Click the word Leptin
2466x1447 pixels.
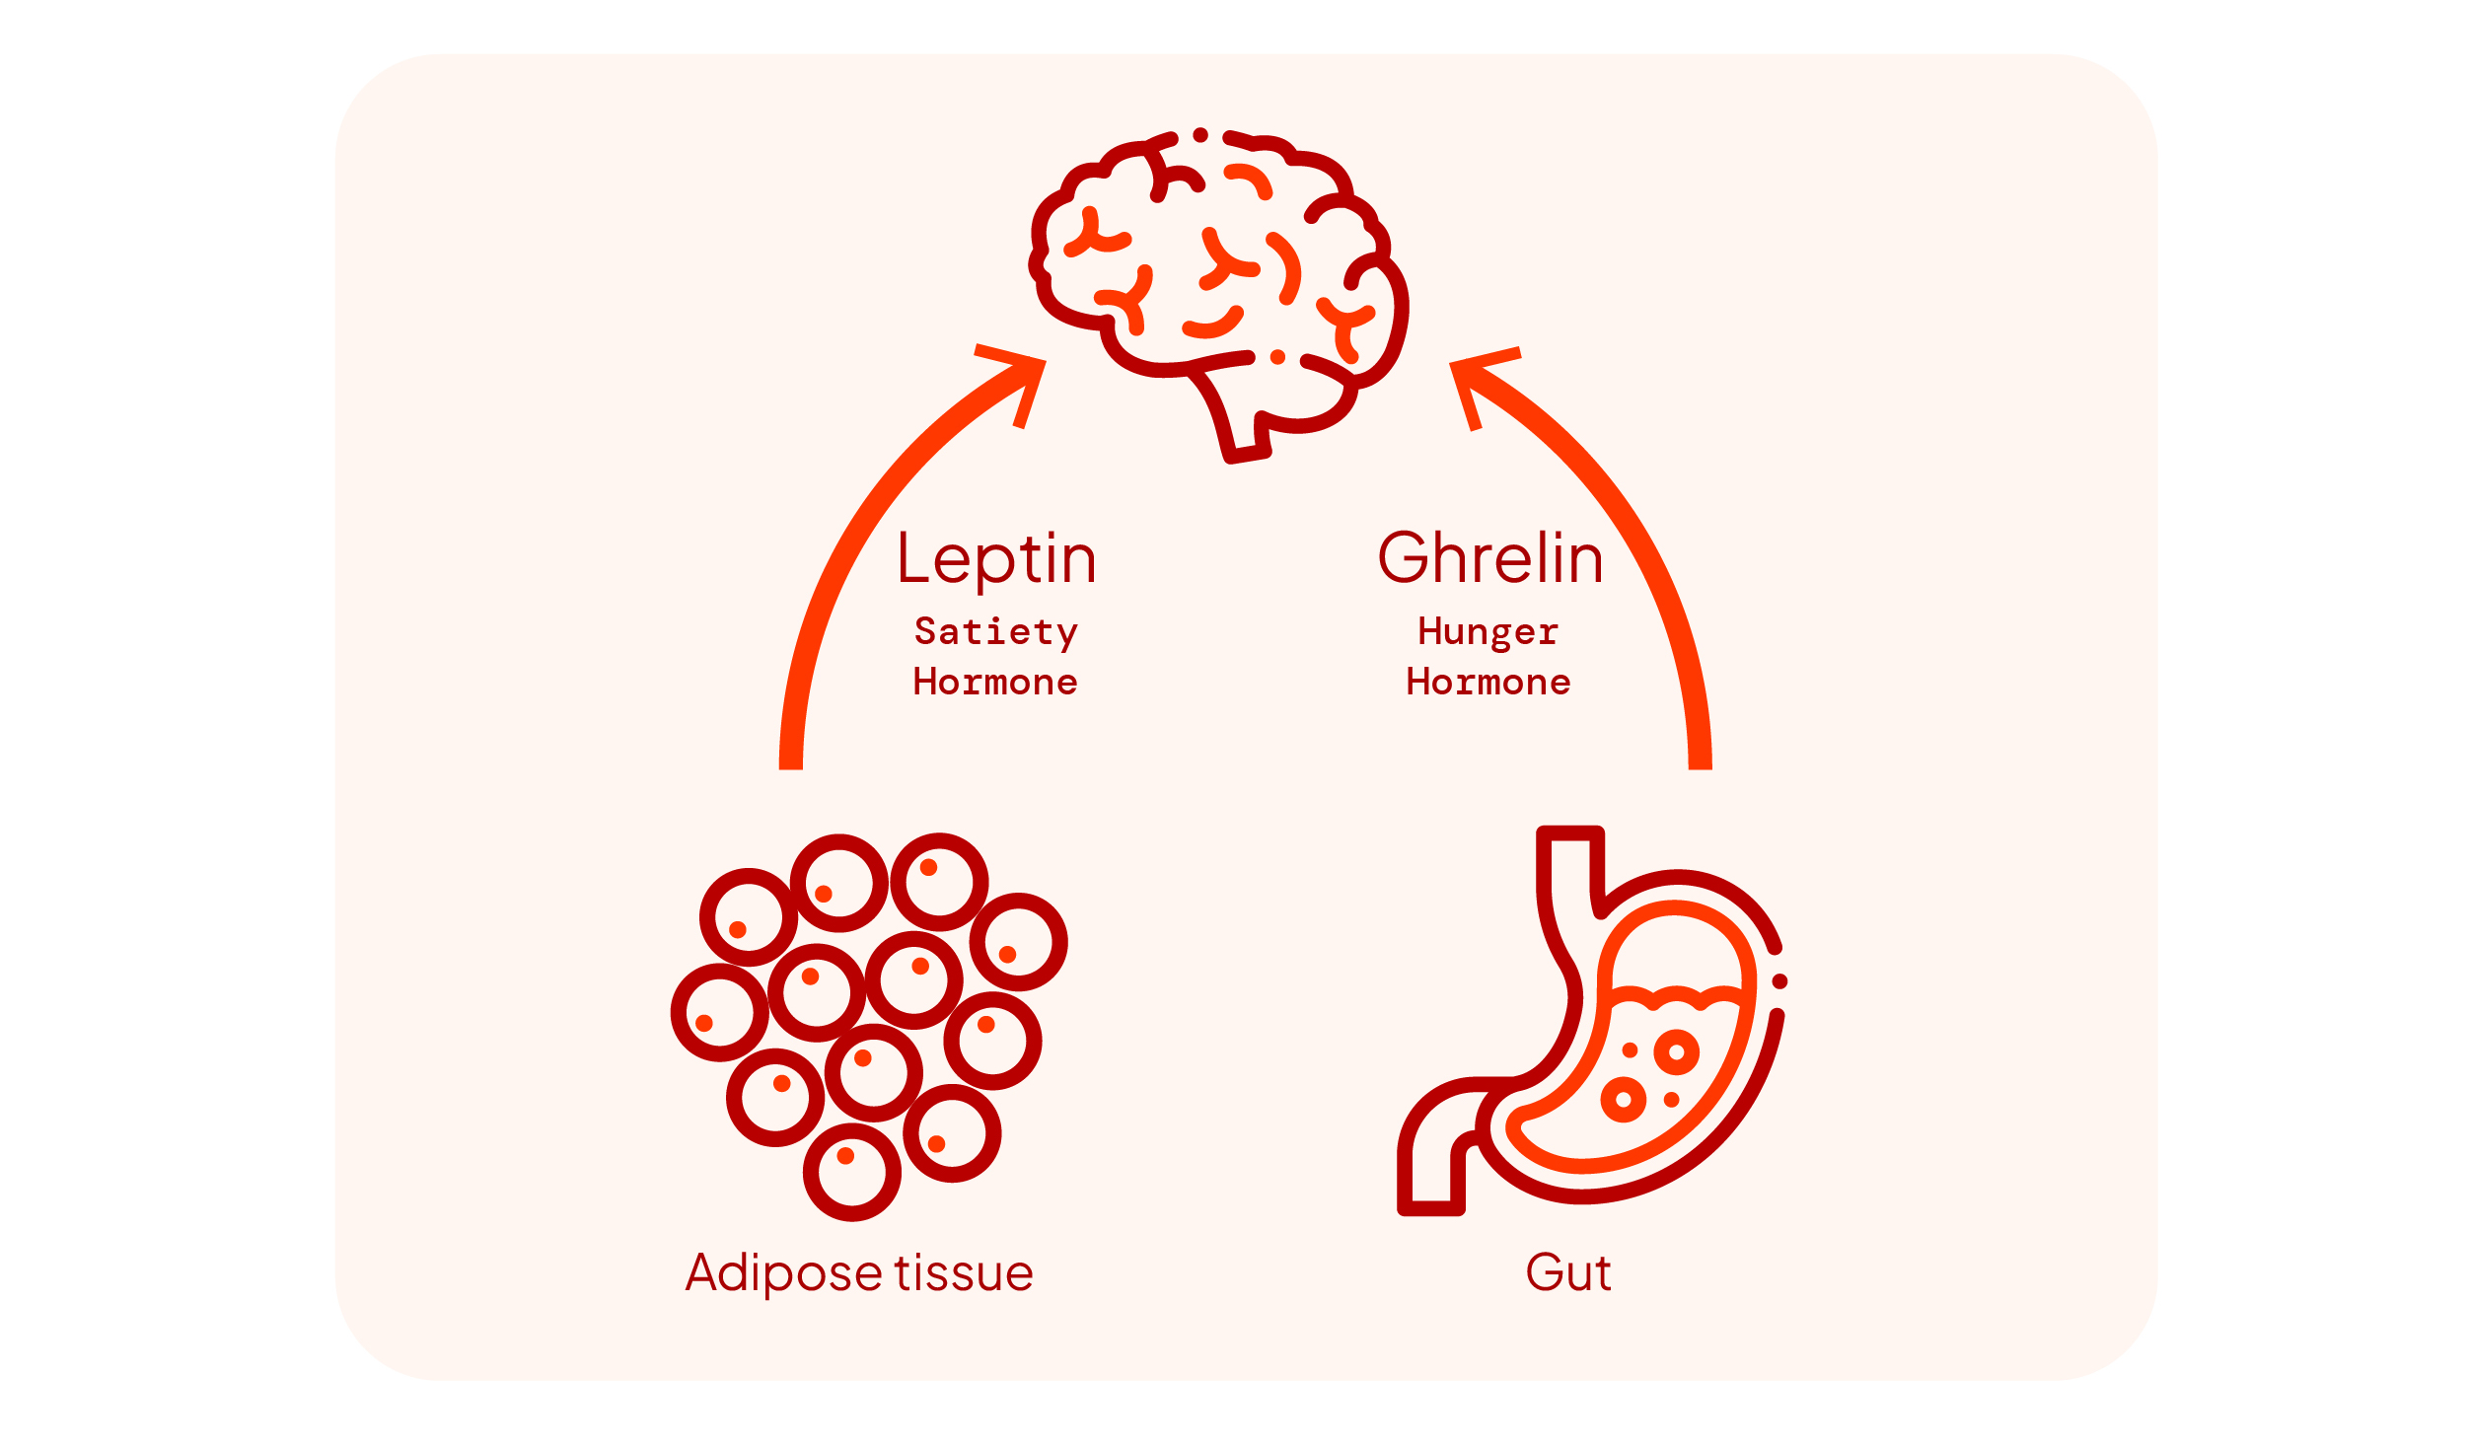[996, 560]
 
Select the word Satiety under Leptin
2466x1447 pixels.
[996, 632]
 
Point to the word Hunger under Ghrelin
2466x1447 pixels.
[1488, 632]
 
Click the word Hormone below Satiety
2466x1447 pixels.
[995, 683]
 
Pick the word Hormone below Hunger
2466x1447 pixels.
[1488, 683]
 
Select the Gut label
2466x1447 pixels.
[1568, 1272]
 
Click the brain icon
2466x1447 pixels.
[1219, 296]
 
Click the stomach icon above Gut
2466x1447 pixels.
[1590, 1021]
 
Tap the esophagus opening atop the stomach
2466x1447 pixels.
[1570, 834]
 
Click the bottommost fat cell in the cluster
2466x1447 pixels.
[852, 1173]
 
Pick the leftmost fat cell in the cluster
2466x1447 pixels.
[720, 1013]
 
